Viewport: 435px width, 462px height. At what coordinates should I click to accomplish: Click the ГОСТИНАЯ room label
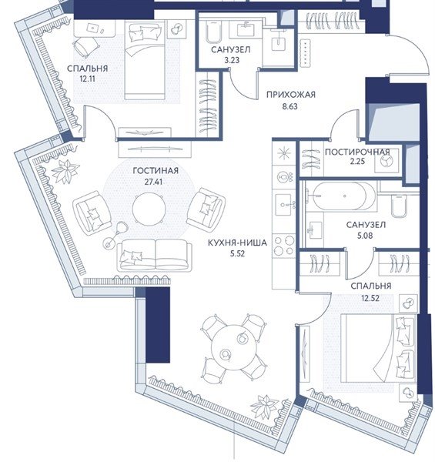[156, 171]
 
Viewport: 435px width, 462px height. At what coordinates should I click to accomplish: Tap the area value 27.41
[153, 182]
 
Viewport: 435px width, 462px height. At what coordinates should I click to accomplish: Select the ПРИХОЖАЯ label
[291, 95]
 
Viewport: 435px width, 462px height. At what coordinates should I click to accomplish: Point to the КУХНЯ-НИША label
[237, 243]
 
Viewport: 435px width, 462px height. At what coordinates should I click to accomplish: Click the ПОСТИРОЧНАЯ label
[357, 152]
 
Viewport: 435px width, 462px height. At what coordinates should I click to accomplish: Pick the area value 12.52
[370, 298]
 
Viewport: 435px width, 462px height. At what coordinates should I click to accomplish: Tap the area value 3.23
[232, 60]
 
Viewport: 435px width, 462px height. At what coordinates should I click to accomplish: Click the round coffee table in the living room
[149, 209]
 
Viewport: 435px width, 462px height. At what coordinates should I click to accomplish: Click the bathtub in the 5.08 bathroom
[343, 196]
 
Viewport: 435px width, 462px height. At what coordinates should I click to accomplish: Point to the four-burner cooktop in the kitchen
[284, 246]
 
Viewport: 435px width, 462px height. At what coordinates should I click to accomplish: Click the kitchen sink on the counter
[284, 203]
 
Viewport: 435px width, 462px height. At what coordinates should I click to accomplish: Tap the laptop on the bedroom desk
[93, 28]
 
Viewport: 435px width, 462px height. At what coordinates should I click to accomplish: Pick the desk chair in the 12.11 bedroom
[85, 48]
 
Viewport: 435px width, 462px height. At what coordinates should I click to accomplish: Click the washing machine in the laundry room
[386, 161]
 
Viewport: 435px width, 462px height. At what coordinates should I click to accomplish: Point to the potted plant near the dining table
[265, 407]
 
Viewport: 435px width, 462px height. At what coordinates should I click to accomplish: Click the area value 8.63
[289, 106]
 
